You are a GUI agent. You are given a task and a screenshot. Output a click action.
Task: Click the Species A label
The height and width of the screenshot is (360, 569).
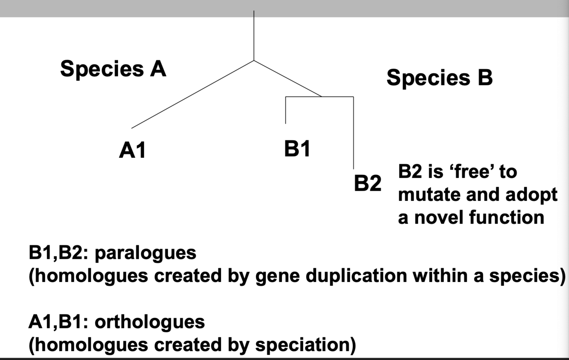pos(113,69)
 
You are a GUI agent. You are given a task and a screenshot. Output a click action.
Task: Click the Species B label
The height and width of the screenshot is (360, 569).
pos(439,78)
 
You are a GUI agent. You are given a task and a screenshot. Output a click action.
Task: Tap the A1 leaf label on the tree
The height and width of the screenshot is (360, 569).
pos(132,151)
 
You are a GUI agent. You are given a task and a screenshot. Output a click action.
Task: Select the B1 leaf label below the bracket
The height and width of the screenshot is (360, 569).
pos(297,149)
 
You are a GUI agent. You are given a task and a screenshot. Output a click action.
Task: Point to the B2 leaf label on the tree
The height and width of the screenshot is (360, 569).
pos(367,183)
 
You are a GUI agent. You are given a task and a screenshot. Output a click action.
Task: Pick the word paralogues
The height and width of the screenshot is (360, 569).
pos(145,253)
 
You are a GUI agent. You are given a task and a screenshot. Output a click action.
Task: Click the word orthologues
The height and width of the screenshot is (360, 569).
pos(149,322)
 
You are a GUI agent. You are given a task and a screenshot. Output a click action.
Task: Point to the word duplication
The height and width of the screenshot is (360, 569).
pos(353,276)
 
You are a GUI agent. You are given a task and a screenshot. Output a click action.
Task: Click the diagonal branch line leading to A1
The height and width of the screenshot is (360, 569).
pos(192,95)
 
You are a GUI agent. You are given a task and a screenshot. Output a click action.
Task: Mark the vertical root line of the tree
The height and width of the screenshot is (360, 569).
pos(254,36)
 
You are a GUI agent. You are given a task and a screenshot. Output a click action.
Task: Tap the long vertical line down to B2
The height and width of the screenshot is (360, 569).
pos(353,132)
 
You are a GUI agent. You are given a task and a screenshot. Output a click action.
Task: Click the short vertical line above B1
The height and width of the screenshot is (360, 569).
pos(285,110)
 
